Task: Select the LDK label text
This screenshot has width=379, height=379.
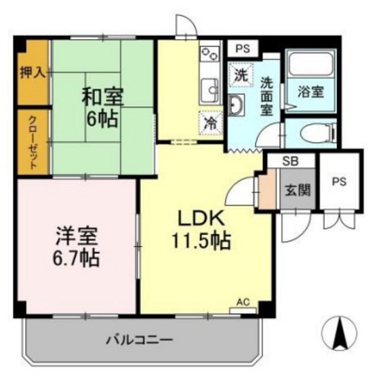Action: pyautogui.click(x=200, y=219)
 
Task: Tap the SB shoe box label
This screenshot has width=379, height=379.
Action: pyautogui.click(x=290, y=162)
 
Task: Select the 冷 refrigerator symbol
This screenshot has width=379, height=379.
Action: pyautogui.click(x=212, y=124)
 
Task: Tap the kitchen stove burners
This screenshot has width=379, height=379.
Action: pyautogui.click(x=210, y=53)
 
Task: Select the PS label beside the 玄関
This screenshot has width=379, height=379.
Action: pyautogui.click(x=338, y=182)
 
